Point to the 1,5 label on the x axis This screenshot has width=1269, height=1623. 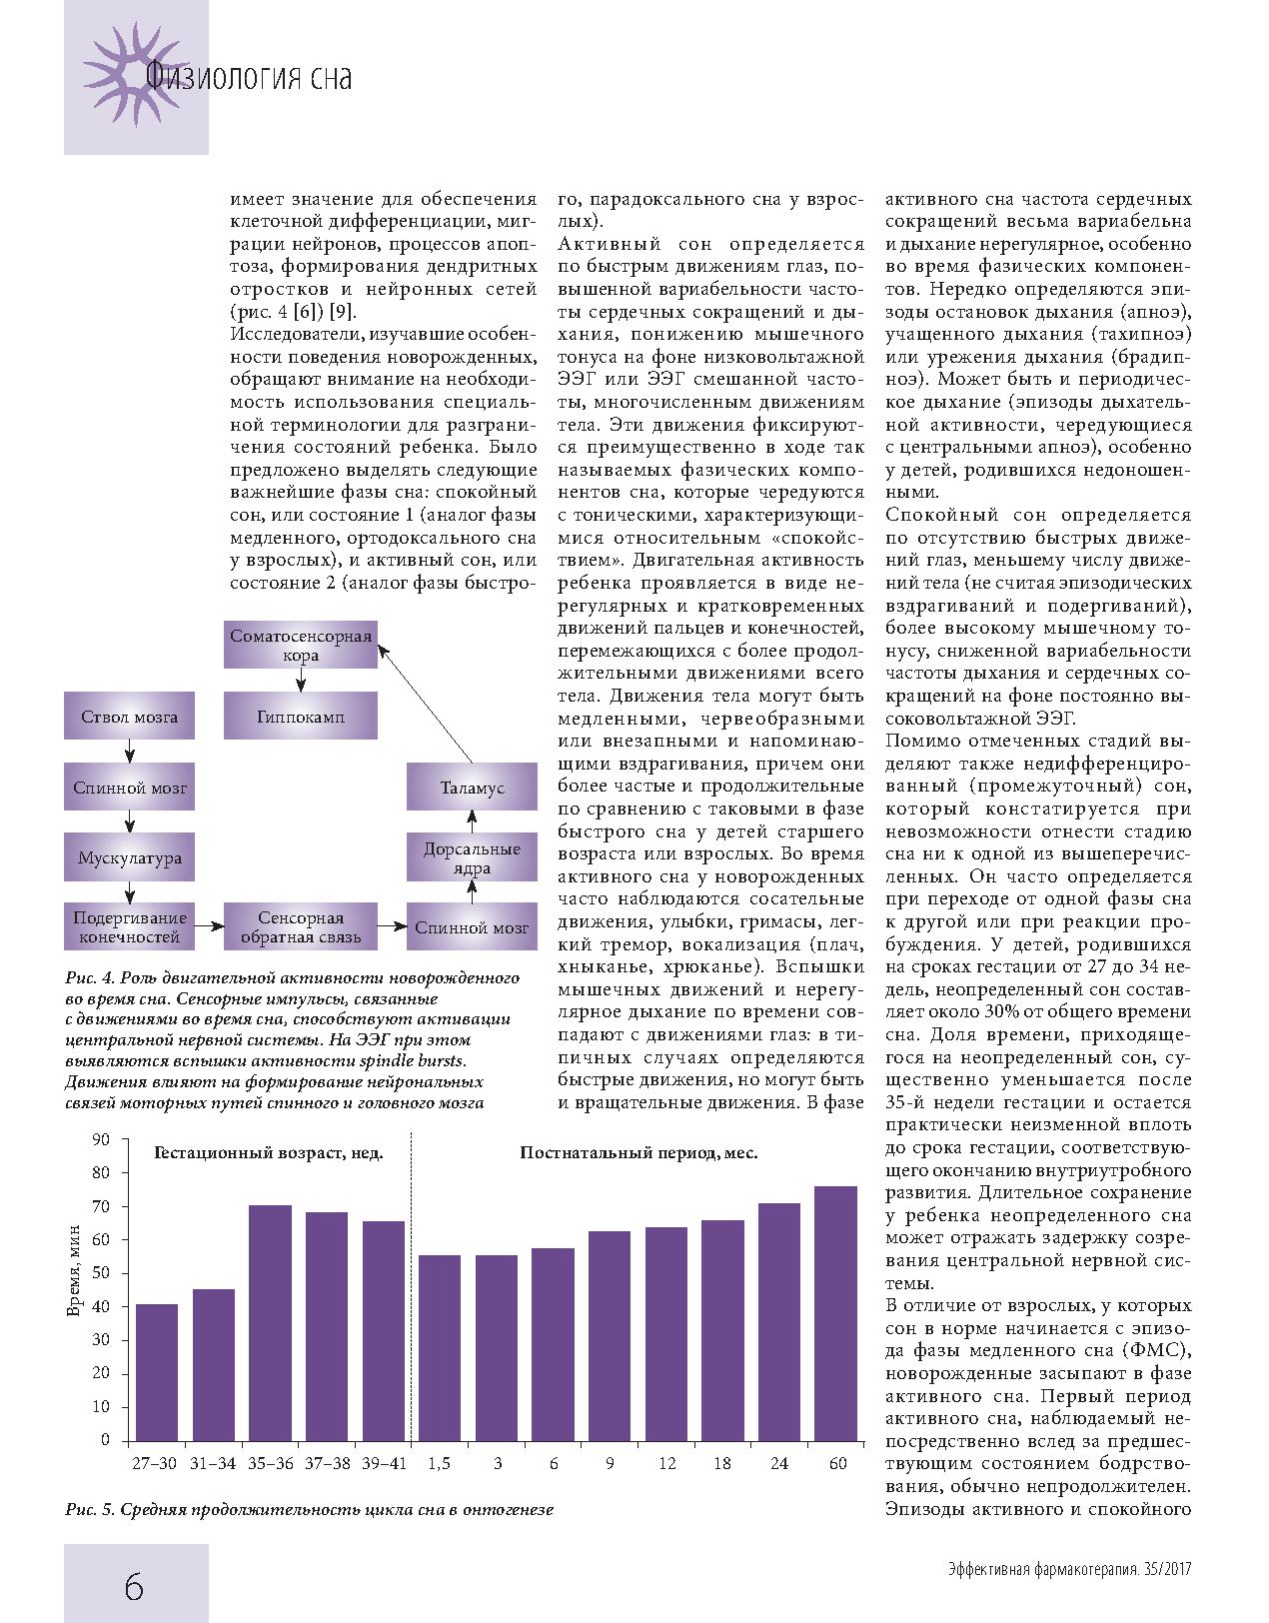(439, 1463)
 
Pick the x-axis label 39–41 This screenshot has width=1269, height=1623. (384, 1463)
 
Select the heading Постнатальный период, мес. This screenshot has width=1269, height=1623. (637, 1152)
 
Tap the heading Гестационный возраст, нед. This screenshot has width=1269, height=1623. (269, 1152)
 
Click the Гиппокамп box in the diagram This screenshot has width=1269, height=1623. (300, 717)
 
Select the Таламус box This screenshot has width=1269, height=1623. (472, 788)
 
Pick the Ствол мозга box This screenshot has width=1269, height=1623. (129, 717)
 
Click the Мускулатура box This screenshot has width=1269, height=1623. (129, 857)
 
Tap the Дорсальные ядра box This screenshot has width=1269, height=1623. (472, 857)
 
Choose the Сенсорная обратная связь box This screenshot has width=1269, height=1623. (300, 927)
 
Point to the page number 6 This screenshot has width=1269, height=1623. (134, 1585)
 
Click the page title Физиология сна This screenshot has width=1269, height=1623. (248, 77)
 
